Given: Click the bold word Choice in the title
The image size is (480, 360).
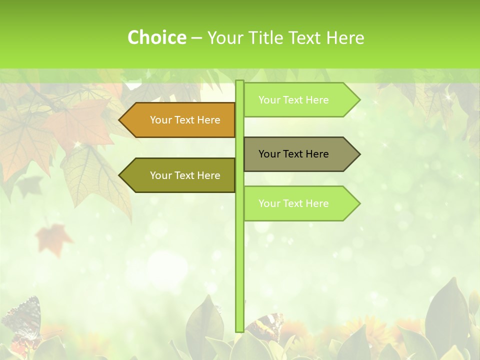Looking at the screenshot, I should (156, 37).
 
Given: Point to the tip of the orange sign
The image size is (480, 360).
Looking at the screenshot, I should (120, 120).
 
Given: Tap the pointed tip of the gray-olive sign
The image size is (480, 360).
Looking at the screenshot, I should (358, 154).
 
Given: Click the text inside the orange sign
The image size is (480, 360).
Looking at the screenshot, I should (185, 120).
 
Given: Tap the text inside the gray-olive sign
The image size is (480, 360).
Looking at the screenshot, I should (293, 154).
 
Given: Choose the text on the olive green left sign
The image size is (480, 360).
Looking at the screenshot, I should (185, 175).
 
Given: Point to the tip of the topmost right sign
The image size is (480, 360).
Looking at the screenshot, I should (358, 100).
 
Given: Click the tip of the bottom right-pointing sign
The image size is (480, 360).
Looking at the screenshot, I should (358, 203).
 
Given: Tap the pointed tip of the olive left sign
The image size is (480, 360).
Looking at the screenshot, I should (120, 175).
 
